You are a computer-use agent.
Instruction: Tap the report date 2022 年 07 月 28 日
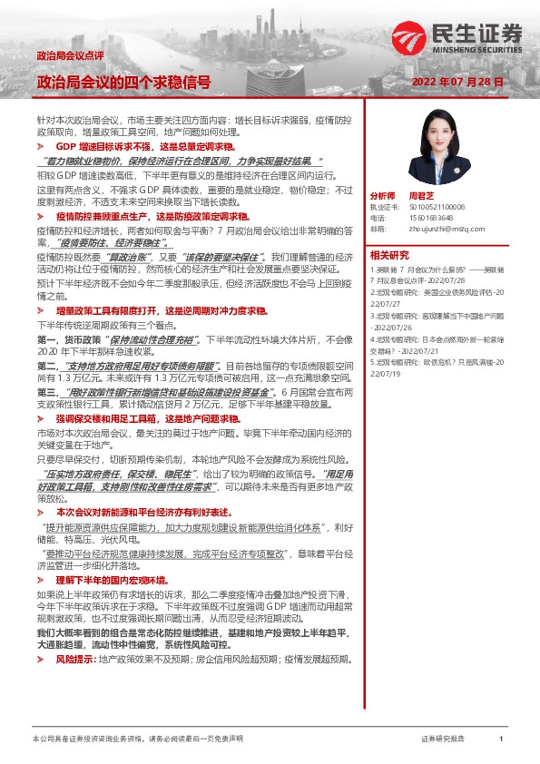coord(457,82)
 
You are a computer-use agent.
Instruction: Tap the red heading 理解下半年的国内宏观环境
coord(111,578)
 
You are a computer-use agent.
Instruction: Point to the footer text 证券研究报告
coord(443,740)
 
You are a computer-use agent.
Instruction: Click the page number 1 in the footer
coord(501,740)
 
